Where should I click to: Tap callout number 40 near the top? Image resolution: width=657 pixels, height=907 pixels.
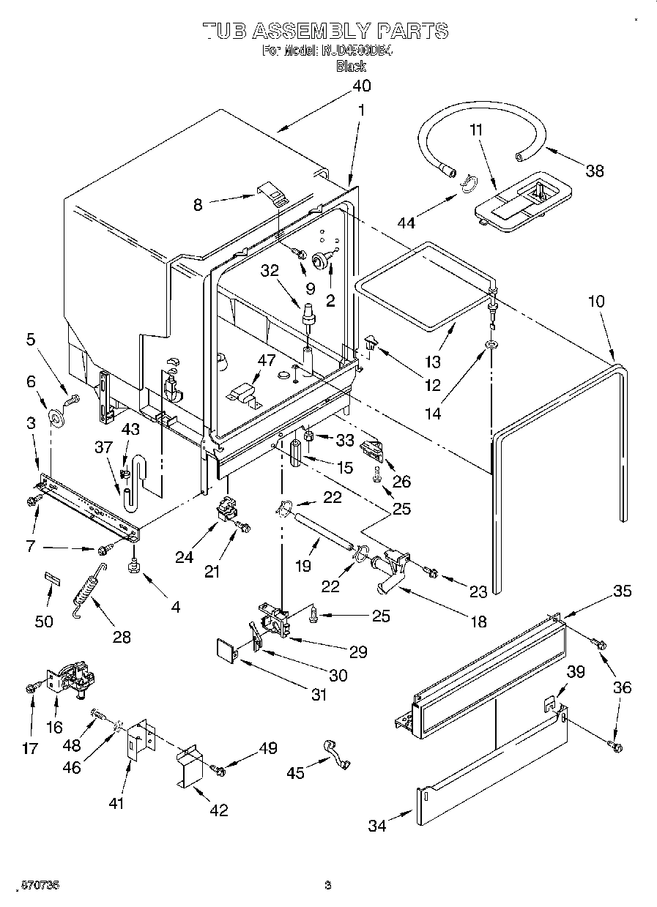[x=361, y=85]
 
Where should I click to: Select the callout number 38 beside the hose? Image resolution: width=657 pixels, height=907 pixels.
[x=595, y=171]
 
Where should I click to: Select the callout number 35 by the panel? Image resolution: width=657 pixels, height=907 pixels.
[x=621, y=591]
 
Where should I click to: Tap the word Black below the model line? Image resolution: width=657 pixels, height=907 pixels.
[x=351, y=66]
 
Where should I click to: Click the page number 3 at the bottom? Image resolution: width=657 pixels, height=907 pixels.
[x=327, y=885]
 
